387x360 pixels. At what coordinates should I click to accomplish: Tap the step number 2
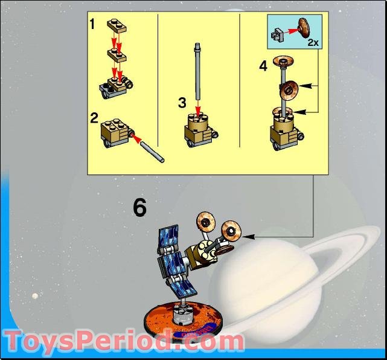click(94, 117)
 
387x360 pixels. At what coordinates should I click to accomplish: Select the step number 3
click(182, 102)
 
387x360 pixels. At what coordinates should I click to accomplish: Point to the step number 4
click(263, 66)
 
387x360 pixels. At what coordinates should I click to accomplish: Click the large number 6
click(139, 208)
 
